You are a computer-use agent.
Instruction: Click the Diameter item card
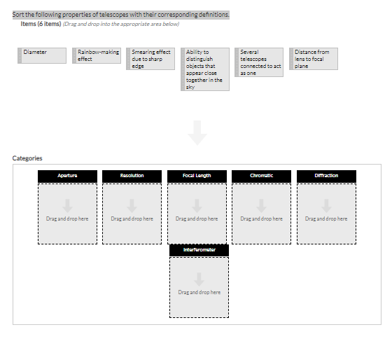point(42,55)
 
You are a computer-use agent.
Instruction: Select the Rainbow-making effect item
point(97,55)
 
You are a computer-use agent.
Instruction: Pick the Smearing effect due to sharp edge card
point(150,59)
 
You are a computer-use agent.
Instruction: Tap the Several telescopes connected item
point(259,62)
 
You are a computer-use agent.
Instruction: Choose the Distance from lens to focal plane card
point(314,59)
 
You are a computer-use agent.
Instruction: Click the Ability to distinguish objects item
point(205,69)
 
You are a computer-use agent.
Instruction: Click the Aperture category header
point(67,176)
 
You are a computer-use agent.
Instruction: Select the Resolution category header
point(132,176)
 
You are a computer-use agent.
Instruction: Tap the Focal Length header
point(197,176)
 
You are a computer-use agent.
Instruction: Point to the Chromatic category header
point(262,176)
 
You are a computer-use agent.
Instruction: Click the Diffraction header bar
point(326,176)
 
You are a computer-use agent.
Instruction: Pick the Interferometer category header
point(199,250)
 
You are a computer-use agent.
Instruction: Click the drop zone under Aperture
point(67,214)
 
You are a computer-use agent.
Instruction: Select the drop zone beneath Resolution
point(132,214)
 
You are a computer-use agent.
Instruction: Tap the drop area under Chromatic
point(262,214)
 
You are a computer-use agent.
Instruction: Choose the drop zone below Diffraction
point(326,214)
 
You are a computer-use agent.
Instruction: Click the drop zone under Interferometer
point(199,287)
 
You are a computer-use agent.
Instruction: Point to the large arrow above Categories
point(197,133)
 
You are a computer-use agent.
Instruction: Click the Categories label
point(27,158)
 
